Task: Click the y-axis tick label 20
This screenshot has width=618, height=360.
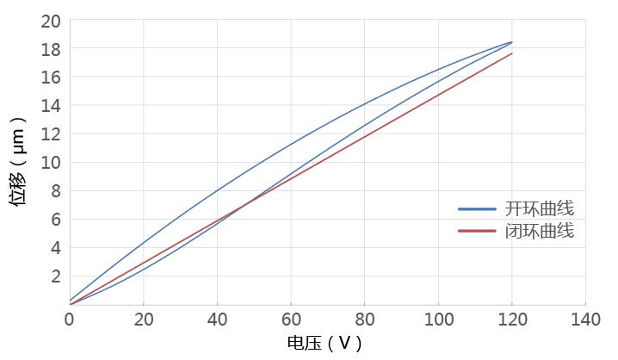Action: [x=51, y=21]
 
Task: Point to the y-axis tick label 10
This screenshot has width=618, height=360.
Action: [x=51, y=163]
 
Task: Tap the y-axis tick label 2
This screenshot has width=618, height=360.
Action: [x=55, y=276]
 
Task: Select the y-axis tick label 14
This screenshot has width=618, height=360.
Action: [x=51, y=106]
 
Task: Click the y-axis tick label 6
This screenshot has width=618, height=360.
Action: [x=55, y=220]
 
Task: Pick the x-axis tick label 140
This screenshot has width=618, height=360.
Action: [x=585, y=319]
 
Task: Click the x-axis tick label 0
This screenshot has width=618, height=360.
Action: [x=70, y=319]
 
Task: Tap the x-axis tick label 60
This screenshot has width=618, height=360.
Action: [x=291, y=319]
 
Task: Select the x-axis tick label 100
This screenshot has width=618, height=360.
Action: [x=438, y=319]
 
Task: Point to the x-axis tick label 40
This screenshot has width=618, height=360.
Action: [x=217, y=319]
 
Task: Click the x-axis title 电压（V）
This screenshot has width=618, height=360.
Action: [x=324, y=344]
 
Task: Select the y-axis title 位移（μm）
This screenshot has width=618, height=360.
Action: [x=18, y=161]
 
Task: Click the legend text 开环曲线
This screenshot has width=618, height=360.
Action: [x=540, y=208]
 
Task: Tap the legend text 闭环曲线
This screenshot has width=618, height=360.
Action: [x=540, y=231]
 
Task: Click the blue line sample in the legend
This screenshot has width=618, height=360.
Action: [x=477, y=208]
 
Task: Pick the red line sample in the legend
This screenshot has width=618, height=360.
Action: [x=477, y=231]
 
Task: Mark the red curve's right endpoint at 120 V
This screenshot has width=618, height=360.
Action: [x=512, y=53]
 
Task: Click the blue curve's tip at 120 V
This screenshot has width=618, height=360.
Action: [x=512, y=41]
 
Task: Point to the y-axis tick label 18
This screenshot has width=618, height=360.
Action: [x=51, y=49]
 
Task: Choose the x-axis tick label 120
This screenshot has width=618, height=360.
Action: [x=512, y=319]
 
